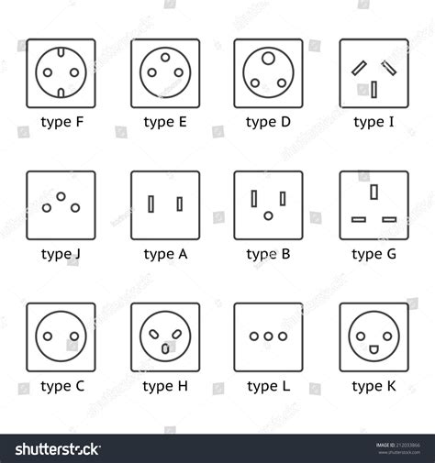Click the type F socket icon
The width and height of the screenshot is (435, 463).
coord(61,72)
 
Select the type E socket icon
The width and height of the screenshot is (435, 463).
coord(164,72)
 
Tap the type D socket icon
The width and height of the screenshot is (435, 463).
coord(268,72)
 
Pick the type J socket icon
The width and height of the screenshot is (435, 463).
coord(61,204)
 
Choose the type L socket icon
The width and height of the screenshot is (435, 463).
coord(268,336)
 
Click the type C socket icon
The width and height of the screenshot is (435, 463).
coord(61,336)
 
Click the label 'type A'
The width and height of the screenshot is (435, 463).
coord(165,254)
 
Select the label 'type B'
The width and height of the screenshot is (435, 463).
coord(269,254)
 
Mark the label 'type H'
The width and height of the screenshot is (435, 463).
coord(165,386)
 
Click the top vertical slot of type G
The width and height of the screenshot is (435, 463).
coord(374,192)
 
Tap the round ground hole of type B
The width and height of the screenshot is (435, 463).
coord(268,216)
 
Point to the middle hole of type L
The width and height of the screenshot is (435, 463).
coord(268,336)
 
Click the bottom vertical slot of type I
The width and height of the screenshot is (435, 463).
coord(374,89)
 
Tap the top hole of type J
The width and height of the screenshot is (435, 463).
coord(61,196)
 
